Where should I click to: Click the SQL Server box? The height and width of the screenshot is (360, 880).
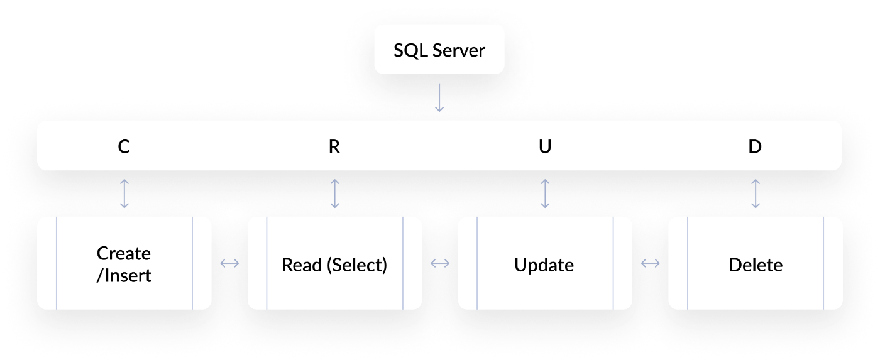439,50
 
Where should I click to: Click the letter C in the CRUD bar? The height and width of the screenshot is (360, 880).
124,146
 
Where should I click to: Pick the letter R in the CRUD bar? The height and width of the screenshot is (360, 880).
334,146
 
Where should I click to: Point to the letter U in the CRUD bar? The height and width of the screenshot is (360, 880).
545,146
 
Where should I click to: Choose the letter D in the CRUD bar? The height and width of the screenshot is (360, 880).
755,146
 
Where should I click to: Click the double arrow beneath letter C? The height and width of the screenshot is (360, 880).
124,194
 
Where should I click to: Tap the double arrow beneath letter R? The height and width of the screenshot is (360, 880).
335,194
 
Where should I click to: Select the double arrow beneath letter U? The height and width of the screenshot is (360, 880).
545,194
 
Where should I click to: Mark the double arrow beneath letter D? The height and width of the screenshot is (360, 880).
756,194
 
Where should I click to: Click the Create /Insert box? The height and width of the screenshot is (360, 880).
124,263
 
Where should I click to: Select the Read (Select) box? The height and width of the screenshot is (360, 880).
334,263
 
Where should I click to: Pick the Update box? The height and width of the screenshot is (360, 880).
544,263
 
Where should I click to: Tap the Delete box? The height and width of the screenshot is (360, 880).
755,263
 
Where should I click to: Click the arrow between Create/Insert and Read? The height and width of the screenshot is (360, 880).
229,264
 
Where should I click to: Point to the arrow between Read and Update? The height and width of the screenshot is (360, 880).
439,264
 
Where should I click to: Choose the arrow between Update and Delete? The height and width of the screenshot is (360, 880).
650,264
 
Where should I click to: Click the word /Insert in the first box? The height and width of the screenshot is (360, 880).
124,275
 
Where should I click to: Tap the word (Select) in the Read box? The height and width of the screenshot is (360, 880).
357,265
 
